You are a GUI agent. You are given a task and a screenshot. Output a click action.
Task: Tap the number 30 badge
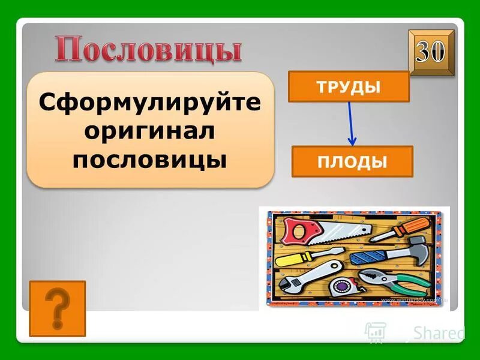click(431, 53)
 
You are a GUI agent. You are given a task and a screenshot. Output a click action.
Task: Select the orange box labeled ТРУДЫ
click(349, 86)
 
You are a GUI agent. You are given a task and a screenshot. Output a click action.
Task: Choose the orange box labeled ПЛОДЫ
click(352, 161)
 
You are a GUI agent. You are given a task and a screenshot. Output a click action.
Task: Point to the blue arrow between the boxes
click(351, 124)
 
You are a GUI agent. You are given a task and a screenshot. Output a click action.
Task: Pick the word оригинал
click(150, 131)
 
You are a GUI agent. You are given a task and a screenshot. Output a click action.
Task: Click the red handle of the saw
click(295, 230)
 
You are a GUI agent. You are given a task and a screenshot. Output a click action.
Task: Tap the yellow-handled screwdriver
click(300, 259)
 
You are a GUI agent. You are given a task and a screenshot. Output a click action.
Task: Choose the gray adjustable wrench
click(312, 277)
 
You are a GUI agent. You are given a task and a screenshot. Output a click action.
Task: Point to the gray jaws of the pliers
click(372, 276)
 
